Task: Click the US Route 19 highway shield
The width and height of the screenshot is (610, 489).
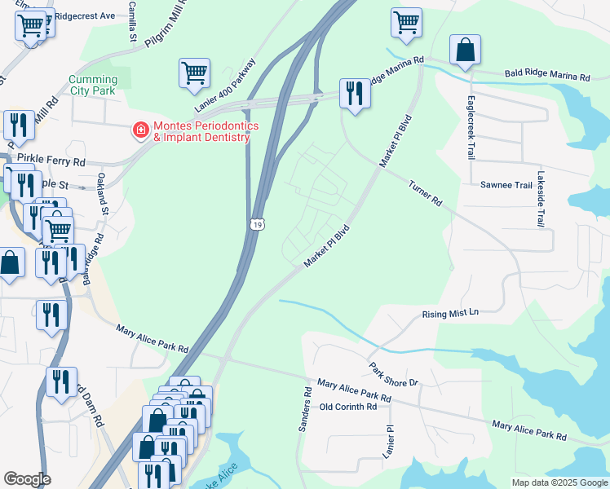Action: click(x=256, y=223)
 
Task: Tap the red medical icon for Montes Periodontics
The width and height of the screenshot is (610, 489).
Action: click(x=141, y=129)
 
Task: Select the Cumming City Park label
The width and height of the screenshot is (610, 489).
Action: click(x=93, y=86)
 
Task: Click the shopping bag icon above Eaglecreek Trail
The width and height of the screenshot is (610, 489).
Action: click(x=465, y=50)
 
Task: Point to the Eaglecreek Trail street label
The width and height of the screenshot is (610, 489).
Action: click(x=471, y=130)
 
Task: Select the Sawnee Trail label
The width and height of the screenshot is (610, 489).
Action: click(x=506, y=186)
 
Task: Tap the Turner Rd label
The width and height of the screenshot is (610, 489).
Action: click(x=425, y=193)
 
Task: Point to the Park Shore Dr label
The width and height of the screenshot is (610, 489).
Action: click(x=393, y=375)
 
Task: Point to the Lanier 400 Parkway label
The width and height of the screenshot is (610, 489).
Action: click(x=226, y=86)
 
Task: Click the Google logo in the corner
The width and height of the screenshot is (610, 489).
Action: click(x=27, y=479)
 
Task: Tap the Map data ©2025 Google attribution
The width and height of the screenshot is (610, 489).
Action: click(x=559, y=482)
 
